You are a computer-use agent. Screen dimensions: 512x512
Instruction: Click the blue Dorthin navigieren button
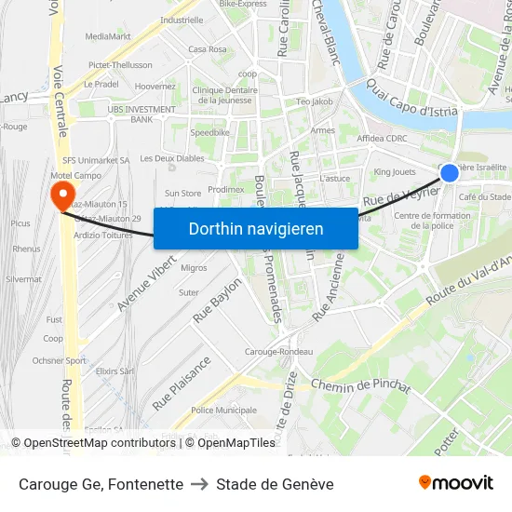tap(256, 228)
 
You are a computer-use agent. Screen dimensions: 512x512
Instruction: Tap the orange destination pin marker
tap(62, 194)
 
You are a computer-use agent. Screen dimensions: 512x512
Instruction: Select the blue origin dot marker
tap(450, 172)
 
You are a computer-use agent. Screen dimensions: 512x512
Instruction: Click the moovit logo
tap(456, 482)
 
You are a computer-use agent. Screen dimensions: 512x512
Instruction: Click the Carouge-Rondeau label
tap(278, 352)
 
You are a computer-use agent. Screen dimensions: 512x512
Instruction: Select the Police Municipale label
tap(222, 410)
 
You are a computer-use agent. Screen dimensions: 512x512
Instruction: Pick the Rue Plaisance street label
tap(182, 382)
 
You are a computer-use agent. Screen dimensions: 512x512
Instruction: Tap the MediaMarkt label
tap(108, 36)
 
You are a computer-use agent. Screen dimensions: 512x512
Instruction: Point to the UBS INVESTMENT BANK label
tap(141, 114)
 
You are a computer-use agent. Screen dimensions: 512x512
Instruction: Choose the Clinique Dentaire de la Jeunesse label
tap(223, 95)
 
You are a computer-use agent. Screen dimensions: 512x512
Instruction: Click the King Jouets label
tap(395, 172)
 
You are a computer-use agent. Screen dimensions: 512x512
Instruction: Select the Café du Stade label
tap(485, 196)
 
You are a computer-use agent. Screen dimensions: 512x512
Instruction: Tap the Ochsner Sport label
tap(59, 360)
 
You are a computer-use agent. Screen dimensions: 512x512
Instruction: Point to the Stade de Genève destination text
tap(275, 484)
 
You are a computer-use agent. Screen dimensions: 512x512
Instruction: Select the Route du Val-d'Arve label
tap(470, 279)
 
